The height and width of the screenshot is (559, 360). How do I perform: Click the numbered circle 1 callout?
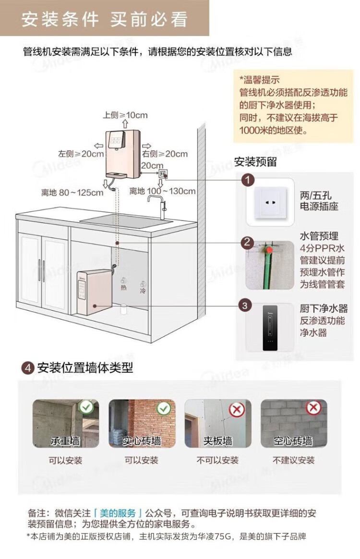click(247, 181)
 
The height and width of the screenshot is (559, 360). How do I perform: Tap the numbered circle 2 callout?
click(247, 243)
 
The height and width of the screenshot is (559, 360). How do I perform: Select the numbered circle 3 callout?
click(245, 305)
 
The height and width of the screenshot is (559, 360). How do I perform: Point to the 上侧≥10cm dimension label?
click(125, 115)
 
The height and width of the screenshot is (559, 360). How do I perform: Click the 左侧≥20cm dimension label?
click(81, 154)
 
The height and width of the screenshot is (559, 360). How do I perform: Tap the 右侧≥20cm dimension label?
click(165, 154)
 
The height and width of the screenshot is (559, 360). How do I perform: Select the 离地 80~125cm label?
click(72, 193)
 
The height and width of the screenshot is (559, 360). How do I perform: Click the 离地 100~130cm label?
click(162, 191)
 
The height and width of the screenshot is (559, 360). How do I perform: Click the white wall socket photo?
click(270, 202)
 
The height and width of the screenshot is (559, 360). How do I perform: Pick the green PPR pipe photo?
click(270, 265)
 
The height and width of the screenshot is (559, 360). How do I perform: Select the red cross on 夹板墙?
click(236, 410)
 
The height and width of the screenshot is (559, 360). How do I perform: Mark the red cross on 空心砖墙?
click(313, 408)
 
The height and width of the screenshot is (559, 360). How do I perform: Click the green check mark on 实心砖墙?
click(164, 408)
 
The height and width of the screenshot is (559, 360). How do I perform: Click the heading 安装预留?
click(255, 162)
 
